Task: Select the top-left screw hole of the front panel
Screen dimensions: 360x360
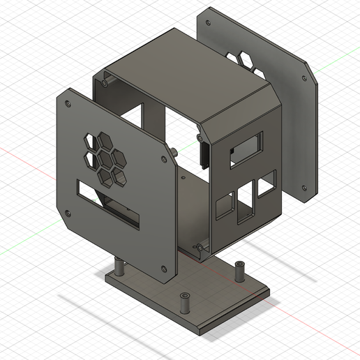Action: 68,103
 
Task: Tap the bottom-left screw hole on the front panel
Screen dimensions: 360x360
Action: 68,212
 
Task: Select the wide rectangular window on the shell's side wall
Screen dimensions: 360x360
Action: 248,147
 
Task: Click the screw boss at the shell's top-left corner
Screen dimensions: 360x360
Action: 105,82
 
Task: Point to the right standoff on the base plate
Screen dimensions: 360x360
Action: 239,270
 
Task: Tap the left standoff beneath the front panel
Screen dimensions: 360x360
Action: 119,267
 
